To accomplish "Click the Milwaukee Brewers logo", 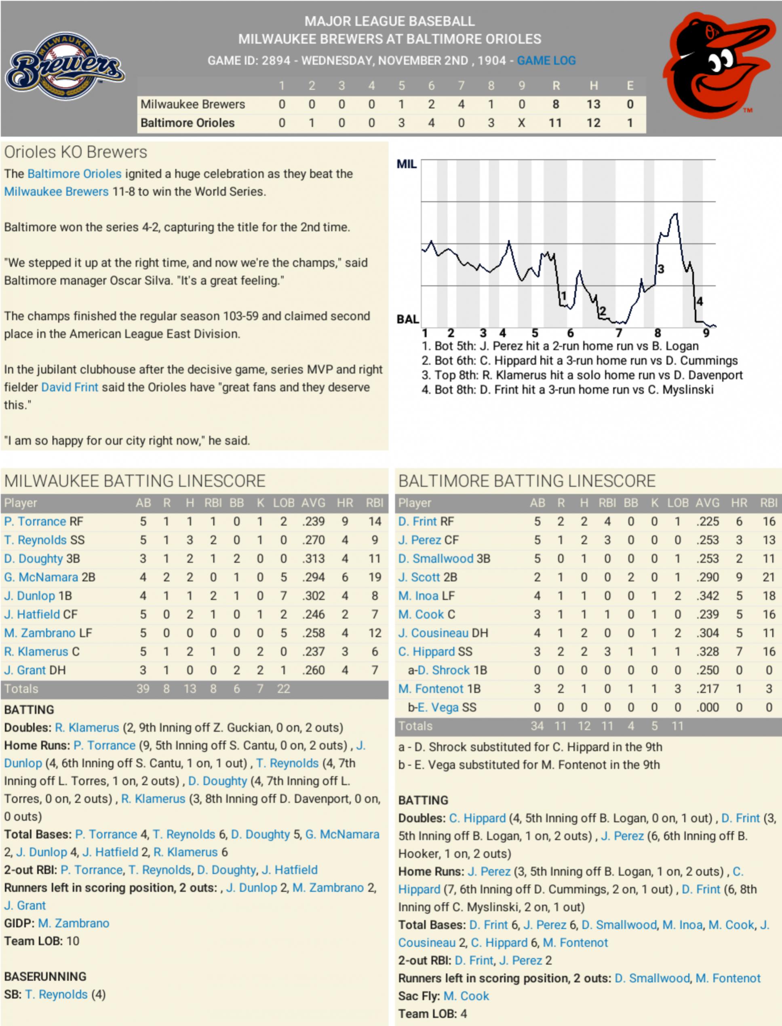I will (x=65, y=65).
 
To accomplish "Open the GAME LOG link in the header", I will (x=546, y=61).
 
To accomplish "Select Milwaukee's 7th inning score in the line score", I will (x=461, y=104).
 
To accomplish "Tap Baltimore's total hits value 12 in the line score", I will (x=593, y=123).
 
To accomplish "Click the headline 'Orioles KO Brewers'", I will (x=76, y=152).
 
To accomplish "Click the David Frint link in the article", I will (x=70, y=387).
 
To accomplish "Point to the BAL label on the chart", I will (x=407, y=319).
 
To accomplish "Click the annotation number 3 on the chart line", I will (x=660, y=269).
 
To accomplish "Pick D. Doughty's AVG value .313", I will (x=313, y=558).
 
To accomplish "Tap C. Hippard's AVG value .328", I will (x=708, y=652).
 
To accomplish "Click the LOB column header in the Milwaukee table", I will (x=283, y=503).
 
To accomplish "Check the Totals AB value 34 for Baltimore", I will (x=537, y=726).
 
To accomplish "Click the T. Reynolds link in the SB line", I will (x=56, y=995).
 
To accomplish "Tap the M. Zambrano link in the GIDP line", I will (x=74, y=923).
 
